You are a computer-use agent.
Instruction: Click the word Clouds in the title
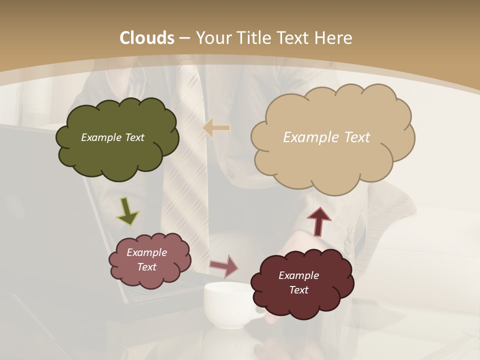coord(147,38)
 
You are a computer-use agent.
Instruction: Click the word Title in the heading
coord(255,38)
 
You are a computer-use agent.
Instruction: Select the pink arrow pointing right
coord(223,265)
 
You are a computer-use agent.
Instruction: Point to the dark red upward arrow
coord(318,221)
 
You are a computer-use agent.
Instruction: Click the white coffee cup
coord(228,305)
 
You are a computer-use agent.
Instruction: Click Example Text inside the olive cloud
coord(112,137)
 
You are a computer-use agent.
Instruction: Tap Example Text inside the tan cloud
coord(326,137)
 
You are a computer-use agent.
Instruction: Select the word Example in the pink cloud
coord(146,252)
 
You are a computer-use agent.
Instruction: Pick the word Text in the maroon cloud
coord(298,290)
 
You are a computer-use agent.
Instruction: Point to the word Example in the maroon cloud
coord(298,275)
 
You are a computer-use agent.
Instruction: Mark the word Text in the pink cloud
coord(146,267)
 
